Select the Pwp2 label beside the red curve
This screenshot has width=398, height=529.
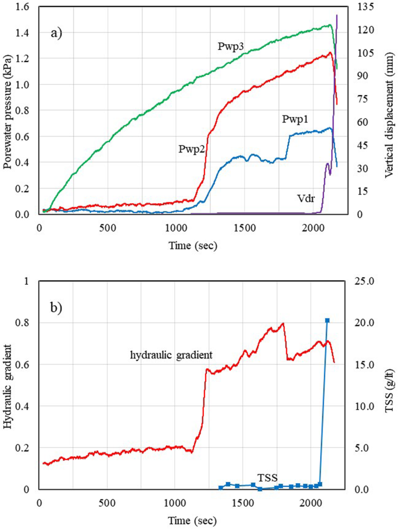pyautogui.click(x=191, y=149)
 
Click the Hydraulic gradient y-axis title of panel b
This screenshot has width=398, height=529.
pyautogui.click(x=8, y=385)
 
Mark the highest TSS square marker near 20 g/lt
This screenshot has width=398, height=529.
pyautogui.click(x=327, y=321)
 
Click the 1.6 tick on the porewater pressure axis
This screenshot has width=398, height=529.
pyautogui.click(x=23, y=7)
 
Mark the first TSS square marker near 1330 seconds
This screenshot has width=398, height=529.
pyautogui.click(x=221, y=488)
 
